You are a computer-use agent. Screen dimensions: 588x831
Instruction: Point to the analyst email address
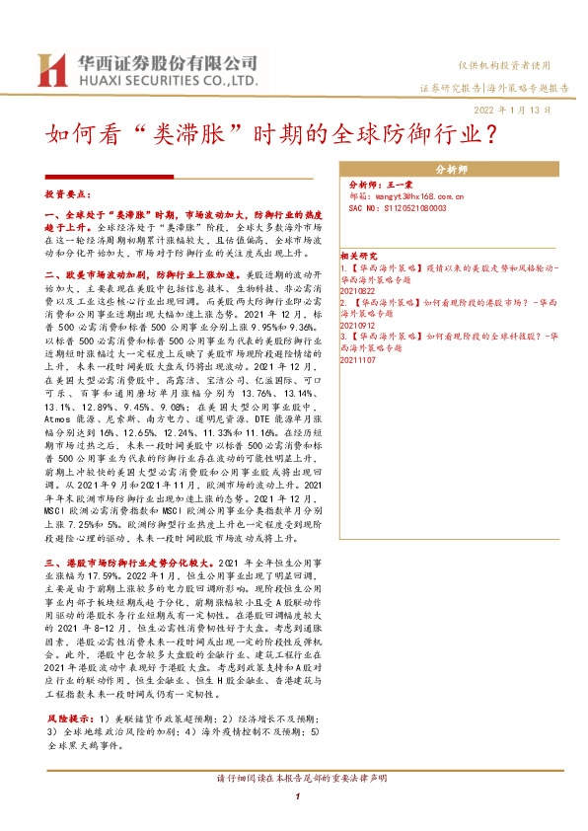[400, 197]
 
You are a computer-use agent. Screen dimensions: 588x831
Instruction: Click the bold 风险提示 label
[70, 709]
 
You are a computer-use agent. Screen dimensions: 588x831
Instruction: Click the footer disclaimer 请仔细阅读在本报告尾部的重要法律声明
[295, 780]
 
